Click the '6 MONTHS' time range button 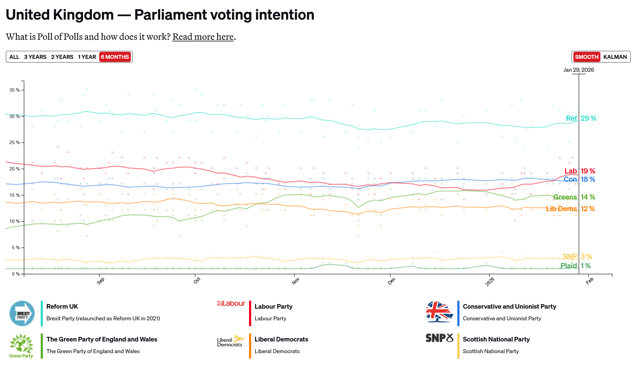point(115,57)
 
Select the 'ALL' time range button point(14,57)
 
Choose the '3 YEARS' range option point(35,57)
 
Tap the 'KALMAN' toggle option point(615,57)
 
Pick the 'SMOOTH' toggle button point(587,57)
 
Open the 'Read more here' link point(203,37)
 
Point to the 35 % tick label point(14,90)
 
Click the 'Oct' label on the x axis point(197,280)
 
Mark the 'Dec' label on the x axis point(391,281)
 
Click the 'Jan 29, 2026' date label point(579,70)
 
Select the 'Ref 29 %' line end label point(581,118)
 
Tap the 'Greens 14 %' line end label point(574,197)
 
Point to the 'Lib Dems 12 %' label point(570,209)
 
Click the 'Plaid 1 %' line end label point(575,266)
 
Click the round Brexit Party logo point(22,313)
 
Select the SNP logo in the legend point(439,338)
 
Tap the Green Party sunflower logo point(21,346)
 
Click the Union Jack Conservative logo point(439,311)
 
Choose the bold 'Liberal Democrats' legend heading point(281,339)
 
